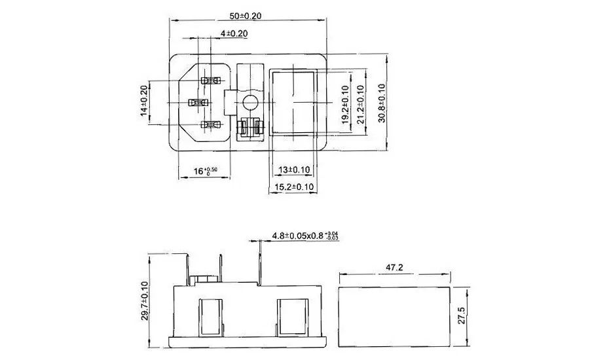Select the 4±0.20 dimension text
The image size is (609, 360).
point(234,33)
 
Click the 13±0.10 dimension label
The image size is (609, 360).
point(293,170)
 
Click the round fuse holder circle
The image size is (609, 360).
point(248,102)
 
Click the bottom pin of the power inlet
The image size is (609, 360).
point(210,124)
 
